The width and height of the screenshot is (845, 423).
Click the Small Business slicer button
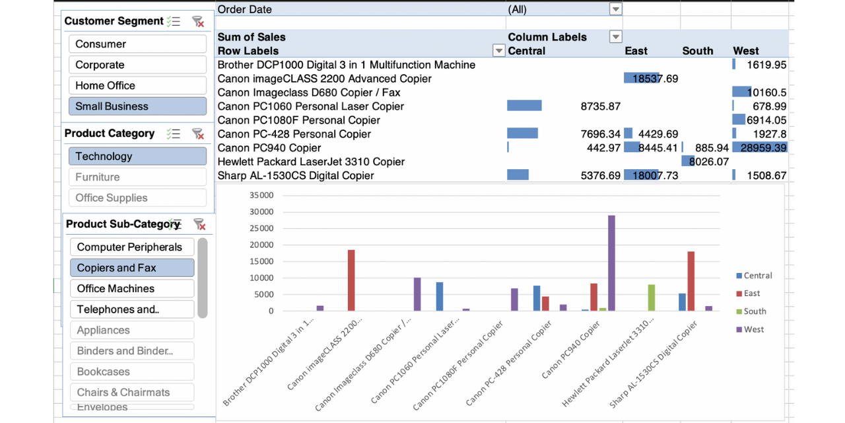tap(137, 106)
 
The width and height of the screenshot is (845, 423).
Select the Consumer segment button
tap(137, 44)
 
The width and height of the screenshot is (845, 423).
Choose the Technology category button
tap(137, 157)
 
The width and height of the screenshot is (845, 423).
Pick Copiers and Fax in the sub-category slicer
tap(132, 268)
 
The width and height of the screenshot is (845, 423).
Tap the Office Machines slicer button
tap(132, 289)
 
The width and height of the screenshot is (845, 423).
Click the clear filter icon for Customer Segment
tap(197, 21)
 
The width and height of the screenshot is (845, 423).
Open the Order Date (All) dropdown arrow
tap(615, 9)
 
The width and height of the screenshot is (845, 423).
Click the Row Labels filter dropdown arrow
tap(499, 51)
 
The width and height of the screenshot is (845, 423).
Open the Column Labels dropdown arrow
tap(615, 37)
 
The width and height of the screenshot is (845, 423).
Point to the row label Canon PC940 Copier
tap(269, 148)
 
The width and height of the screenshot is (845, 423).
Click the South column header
tap(698, 51)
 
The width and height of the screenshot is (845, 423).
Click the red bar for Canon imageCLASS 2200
tap(351, 280)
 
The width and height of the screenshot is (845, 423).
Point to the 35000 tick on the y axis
tap(261, 196)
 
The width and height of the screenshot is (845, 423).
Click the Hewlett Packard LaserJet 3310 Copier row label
tap(311, 162)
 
